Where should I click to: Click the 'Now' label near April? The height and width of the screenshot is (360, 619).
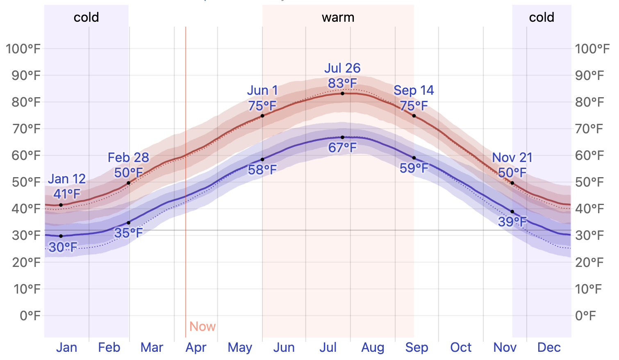(x=203, y=326)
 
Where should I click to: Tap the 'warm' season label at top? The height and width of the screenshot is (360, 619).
(x=338, y=18)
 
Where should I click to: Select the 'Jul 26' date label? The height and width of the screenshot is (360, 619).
(x=342, y=68)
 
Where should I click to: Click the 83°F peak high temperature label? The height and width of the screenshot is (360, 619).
(x=342, y=83)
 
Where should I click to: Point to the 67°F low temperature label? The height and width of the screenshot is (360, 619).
(x=342, y=148)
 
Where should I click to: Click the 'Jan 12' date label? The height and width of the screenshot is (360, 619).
(x=67, y=179)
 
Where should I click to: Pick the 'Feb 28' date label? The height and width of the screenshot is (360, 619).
(x=128, y=157)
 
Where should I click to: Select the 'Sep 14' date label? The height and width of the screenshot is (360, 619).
(x=414, y=90)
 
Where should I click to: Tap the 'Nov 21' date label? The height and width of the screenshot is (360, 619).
(x=512, y=157)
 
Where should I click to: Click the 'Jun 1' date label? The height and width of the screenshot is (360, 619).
(x=262, y=90)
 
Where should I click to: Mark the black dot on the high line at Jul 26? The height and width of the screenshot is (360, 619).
(x=342, y=93)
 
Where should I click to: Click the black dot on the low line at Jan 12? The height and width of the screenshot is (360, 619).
(x=61, y=236)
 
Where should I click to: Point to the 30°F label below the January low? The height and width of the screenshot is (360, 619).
(x=63, y=247)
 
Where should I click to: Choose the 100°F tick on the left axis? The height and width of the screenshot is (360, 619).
(x=23, y=49)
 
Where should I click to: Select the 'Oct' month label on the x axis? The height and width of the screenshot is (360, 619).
(x=461, y=348)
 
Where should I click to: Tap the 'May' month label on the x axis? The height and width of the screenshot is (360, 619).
(x=240, y=348)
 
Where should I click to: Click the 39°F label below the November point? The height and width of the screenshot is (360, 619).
(x=512, y=222)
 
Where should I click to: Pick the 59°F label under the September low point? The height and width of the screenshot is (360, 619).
(x=414, y=168)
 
